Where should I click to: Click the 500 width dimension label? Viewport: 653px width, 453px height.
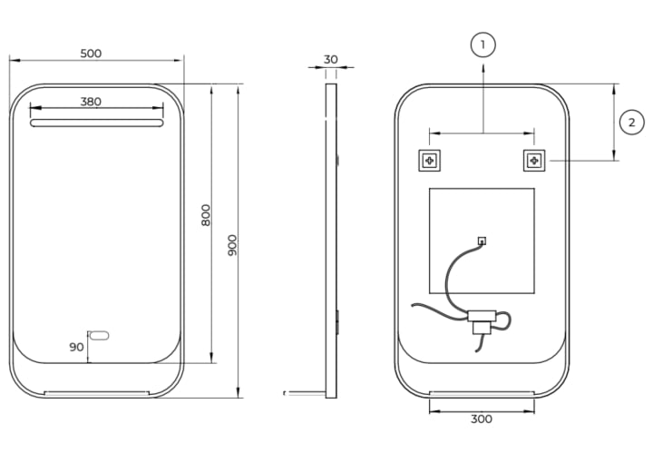pos(91,54)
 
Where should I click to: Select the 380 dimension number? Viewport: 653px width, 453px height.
pos(91,102)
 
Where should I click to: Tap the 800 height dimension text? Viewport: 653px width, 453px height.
pos(206,215)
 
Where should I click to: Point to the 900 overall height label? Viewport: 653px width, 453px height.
pos(232,245)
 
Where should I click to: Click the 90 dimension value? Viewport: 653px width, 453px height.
pos(76,347)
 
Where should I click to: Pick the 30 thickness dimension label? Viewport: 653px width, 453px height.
pos(331,60)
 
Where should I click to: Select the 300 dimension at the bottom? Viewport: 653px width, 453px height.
pos(482,419)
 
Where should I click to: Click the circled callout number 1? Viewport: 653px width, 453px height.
pos(483,44)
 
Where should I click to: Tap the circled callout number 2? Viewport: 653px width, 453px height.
pos(632,123)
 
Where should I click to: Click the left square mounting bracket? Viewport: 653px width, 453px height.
pos(429,161)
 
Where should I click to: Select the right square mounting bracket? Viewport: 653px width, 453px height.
pos(534,161)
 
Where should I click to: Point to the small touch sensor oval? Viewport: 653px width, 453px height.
pos(99,335)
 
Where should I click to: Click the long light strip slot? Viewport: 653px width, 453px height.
pos(97,123)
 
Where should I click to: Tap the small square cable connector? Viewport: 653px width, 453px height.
pos(482,241)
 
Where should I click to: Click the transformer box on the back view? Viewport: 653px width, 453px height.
pos(482,321)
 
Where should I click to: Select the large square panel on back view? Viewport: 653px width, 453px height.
pos(482,241)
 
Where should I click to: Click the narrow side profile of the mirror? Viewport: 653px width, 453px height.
pos(331,241)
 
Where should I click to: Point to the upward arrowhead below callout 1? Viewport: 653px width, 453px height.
pos(483,68)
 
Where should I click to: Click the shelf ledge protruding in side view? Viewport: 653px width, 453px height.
pos(305,392)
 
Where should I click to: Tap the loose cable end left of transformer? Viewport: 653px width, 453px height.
pos(414,305)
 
